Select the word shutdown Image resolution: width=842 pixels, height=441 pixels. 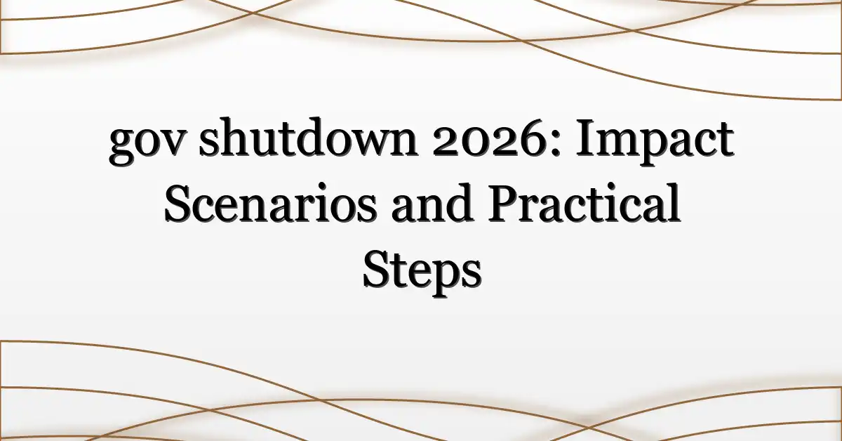(308, 137)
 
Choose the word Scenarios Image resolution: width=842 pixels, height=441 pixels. (270, 203)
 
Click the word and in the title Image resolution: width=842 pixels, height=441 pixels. (432, 202)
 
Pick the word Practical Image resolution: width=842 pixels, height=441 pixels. (584, 202)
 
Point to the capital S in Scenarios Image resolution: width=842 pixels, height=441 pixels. (178, 203)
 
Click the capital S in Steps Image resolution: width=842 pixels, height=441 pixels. (376, 269)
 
